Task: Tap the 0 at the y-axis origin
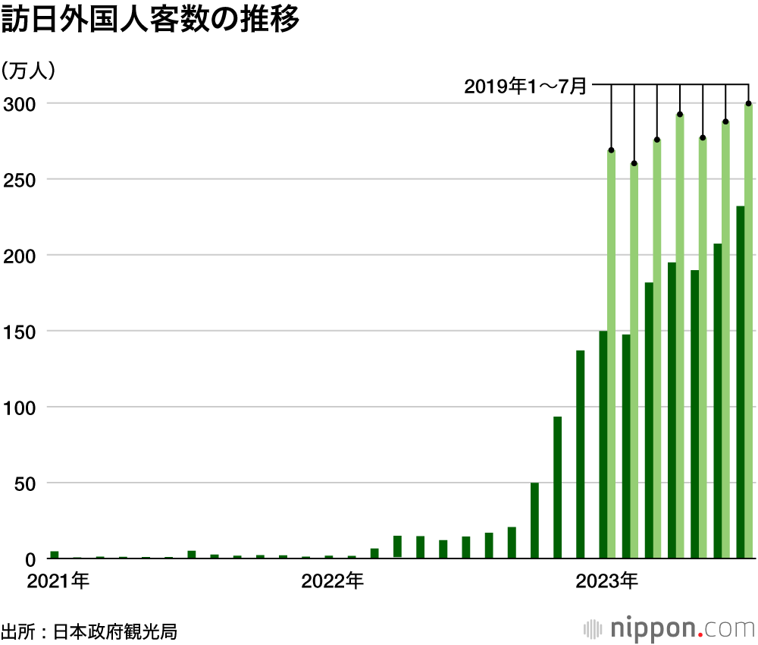click(30, 559)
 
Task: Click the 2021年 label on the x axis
click(58, 583)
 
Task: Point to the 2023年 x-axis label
click(607, 583)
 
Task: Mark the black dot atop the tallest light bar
click(749, 103)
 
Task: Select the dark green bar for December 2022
click(581, 455)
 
